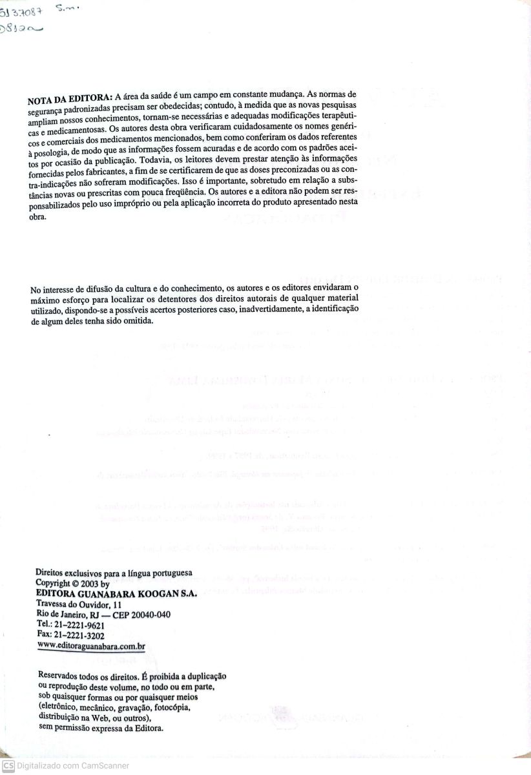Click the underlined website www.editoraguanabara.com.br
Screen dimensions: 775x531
[91, 646]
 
